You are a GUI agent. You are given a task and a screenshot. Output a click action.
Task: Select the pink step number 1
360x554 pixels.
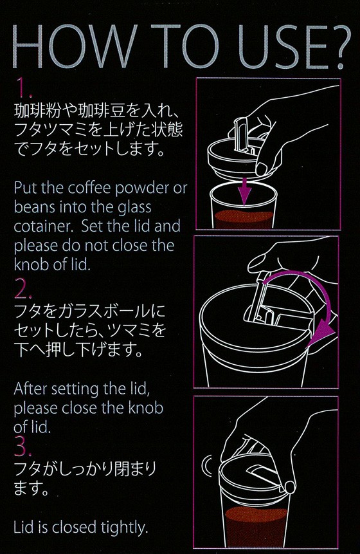(24, 88)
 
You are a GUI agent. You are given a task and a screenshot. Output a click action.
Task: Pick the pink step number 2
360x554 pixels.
(22, 289)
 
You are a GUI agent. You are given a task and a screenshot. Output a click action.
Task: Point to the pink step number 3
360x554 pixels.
(22, 447)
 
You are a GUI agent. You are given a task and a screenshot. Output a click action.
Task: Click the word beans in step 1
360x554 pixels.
(35, 207)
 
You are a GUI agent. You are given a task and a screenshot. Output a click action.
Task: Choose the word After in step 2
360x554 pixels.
(31, 389)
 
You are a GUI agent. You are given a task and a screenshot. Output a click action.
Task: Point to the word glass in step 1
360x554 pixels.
(134, 208)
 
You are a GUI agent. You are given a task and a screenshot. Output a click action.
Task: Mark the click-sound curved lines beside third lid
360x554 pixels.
(206, 466)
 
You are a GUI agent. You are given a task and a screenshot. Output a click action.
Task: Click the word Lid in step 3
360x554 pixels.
(23, 527)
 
